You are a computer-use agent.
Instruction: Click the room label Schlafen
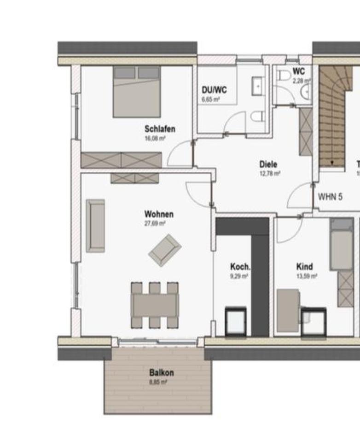point(160,129)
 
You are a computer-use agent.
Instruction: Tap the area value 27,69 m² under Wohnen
point(155,223)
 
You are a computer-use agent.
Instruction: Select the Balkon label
point(161,372)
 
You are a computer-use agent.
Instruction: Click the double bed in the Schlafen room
point(137,91)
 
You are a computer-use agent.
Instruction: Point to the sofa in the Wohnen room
point(95,226)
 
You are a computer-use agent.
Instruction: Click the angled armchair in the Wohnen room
point(165,250)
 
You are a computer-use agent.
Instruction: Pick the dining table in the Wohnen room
point(155,305)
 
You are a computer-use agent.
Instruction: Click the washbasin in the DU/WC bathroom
point(257,86)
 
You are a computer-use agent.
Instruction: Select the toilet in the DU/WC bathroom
point(258,116)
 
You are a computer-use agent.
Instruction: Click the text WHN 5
point(331,197)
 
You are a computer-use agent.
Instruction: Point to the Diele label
point(268,164)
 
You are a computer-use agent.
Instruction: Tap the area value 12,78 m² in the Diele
point(270,174)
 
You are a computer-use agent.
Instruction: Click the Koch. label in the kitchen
point(240,267)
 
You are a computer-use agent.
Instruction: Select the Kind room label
point(305,267)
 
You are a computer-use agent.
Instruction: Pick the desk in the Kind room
point(289,310)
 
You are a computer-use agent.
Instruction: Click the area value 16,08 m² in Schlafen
point(155,138)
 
